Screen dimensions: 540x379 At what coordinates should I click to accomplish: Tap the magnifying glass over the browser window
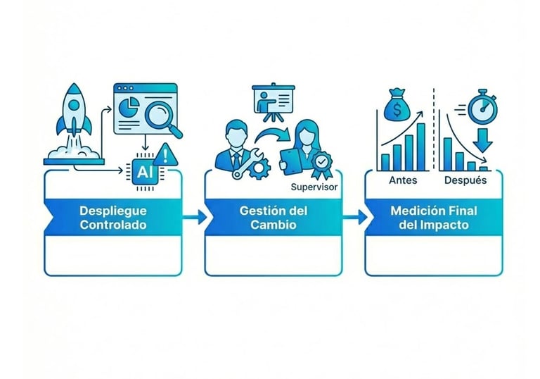click(x=165, y=117)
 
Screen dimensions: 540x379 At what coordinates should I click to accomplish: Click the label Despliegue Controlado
click(x=113, y=218)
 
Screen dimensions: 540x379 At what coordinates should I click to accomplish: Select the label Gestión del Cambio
click(x=273, y=218)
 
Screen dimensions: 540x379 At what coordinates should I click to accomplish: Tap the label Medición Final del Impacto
click(x=433, y=218)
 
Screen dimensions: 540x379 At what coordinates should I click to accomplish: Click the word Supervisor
click(x=314, y=188)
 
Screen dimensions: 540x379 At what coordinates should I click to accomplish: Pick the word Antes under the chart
click(x=402, y=180)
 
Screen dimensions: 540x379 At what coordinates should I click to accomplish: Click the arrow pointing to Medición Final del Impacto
click(x=355, y=218)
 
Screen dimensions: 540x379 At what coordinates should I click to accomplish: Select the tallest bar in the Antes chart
click(x=421, y=146)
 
